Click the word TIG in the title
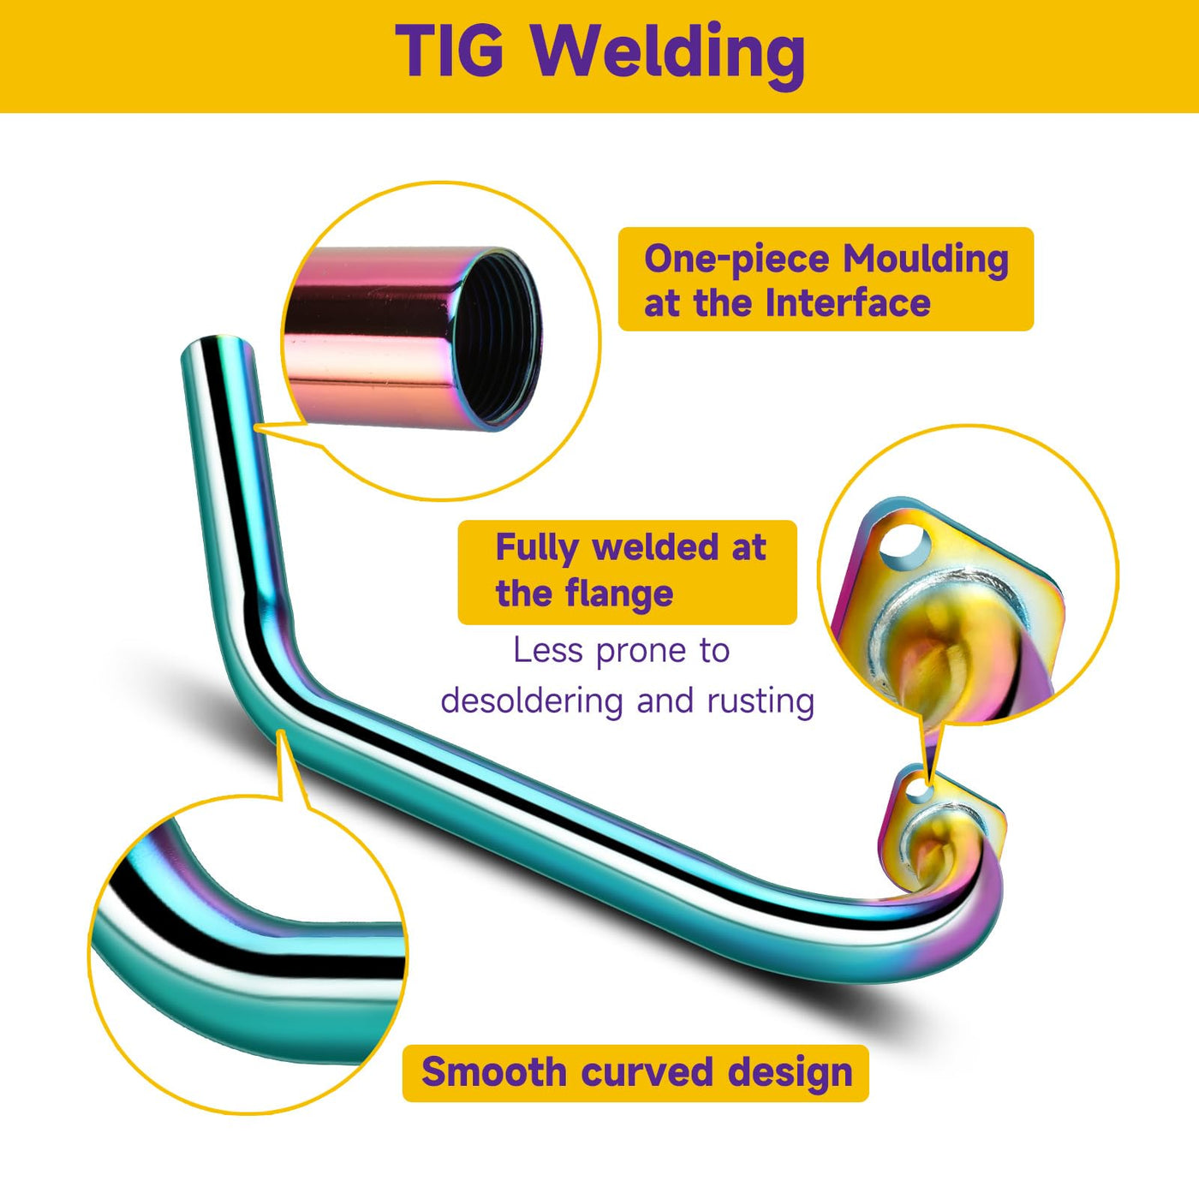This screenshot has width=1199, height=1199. pyautogui.click(x=450, y=51)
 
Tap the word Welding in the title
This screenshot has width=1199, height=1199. pyautogui.click(x=668, y=53)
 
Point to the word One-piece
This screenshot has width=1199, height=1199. pyautogui.click(x=736, y=259)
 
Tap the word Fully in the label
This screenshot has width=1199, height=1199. pyautogui.click(x=537, y=548)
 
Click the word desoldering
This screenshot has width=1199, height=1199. pyautogui.click(x=532, y=701)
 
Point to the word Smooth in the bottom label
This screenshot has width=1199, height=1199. pyautogui.click(x=493, y=1072)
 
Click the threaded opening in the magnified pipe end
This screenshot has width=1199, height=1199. pyautogui.click(x=497, y=338)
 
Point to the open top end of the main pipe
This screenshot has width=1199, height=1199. pyautogui.click(x=218, y=348)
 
